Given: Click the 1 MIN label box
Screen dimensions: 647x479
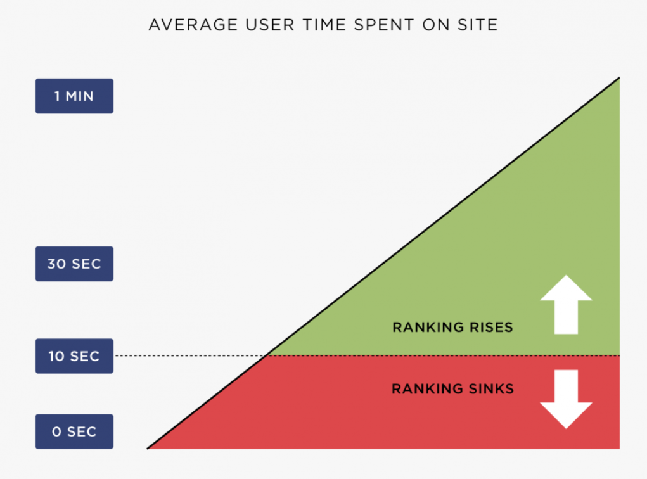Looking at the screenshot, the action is coord(74,96).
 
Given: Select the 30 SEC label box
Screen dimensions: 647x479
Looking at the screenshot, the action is coord(74,264).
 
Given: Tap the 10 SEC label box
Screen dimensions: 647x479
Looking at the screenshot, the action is coord(74,356).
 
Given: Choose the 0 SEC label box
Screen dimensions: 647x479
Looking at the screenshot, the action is coord(74,431).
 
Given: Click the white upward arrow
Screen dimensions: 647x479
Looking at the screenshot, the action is coord(566,305).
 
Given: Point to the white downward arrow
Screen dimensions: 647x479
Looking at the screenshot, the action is coord(566,399).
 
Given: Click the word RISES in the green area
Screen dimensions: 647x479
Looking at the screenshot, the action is coord(491,327).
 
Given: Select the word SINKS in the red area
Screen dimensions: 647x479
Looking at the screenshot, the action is coord(491,388).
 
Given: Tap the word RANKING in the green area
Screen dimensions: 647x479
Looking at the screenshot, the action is coord(428,327).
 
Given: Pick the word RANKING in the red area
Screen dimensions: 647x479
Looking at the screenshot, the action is coord(428,388).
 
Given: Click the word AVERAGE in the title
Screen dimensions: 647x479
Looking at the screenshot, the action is coord(193,25).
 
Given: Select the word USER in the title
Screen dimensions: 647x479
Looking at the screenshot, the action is coord(270,25).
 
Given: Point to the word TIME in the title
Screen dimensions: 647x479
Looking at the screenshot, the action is coord(324,25).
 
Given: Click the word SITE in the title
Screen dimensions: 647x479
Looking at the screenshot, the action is coord(478,25).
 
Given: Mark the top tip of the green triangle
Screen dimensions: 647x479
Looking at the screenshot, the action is coord(619,77).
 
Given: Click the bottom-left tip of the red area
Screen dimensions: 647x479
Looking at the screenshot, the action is coord(147,449).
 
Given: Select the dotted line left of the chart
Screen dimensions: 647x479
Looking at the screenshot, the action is coord(190,355).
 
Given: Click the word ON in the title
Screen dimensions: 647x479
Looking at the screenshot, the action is coord(436,25).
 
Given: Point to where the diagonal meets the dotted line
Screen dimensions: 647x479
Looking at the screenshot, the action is coord(266,355).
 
